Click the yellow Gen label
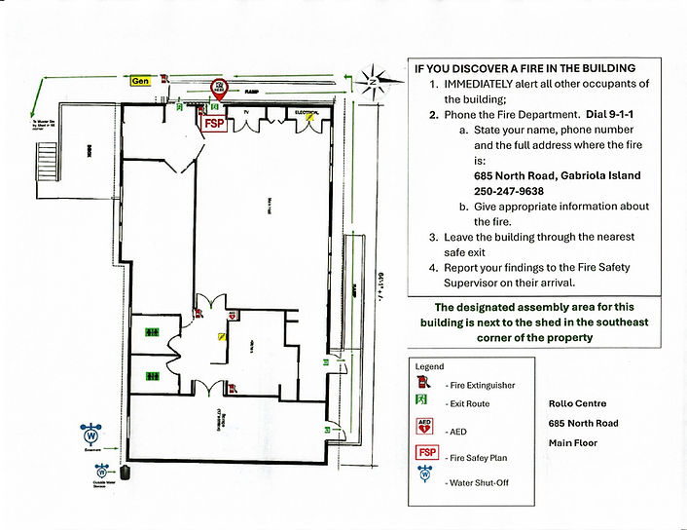141,82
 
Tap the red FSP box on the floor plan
212,123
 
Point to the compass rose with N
372,80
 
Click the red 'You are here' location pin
220,89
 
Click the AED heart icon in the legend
424,426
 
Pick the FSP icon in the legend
425,452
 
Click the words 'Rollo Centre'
577,403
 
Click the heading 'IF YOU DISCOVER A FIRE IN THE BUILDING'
524,69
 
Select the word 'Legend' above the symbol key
429,366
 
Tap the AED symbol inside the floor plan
234,317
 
